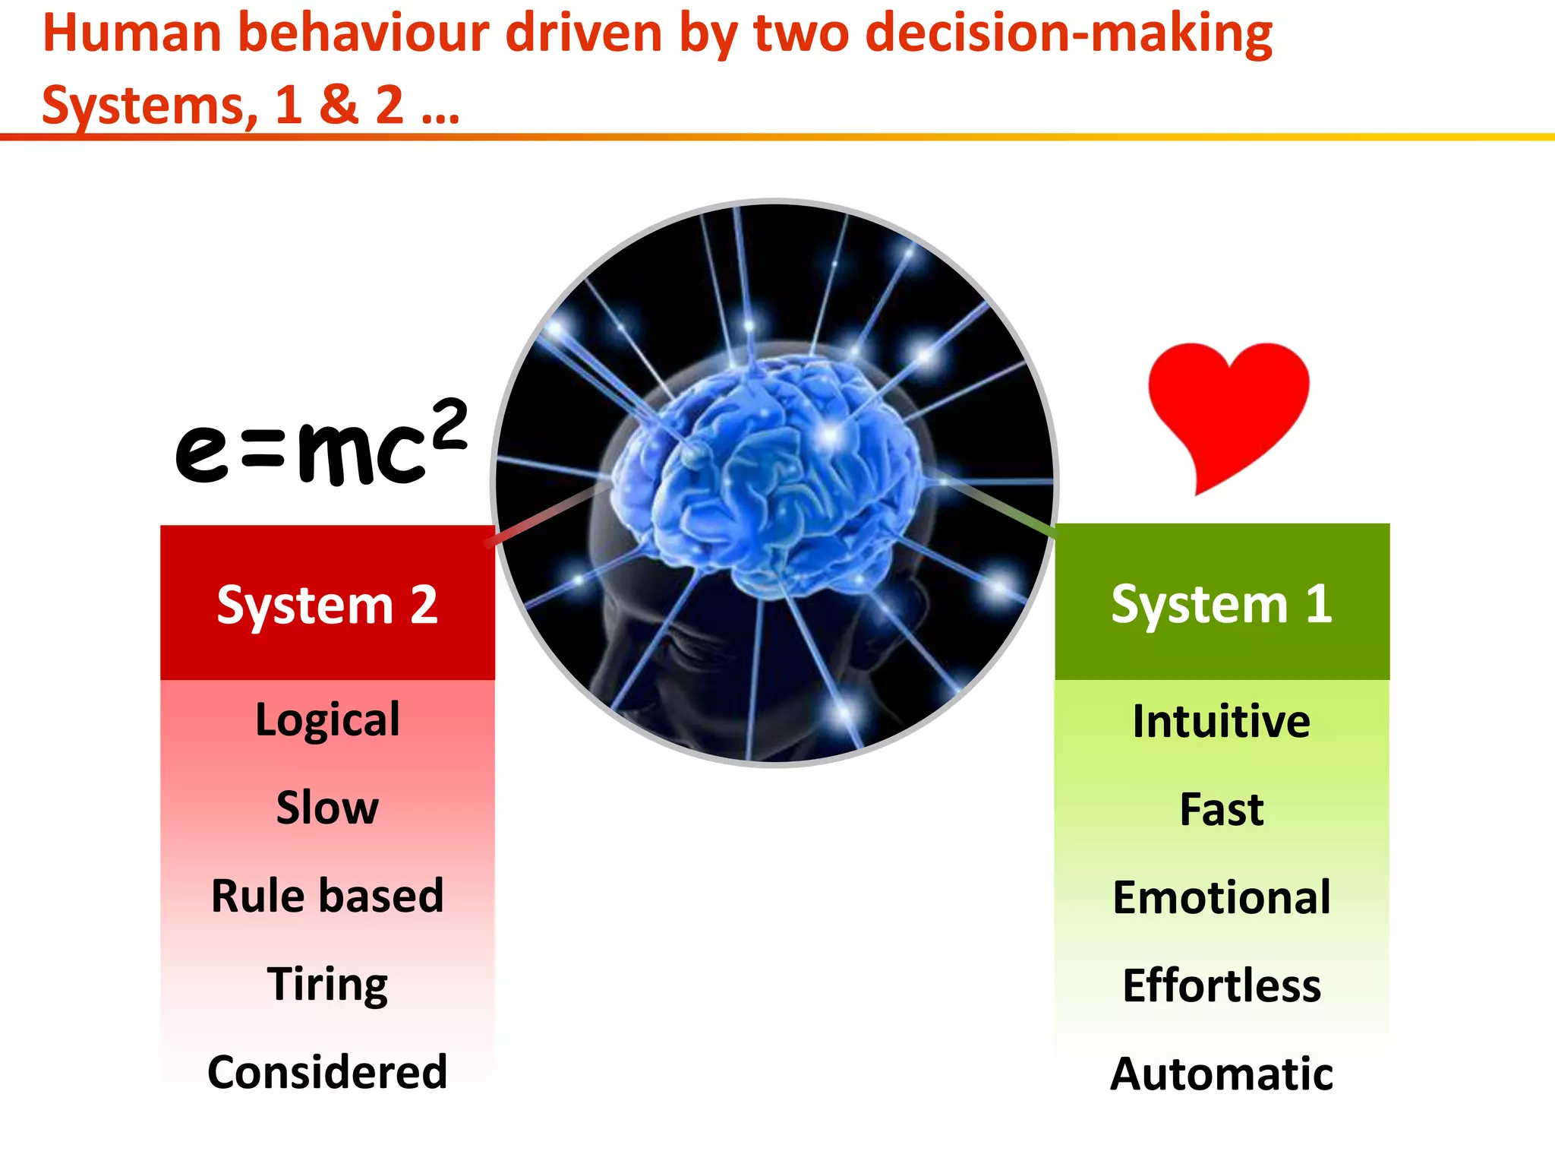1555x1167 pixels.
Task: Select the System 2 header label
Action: pos(327,606)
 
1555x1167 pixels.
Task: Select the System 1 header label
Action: pos(1222,604)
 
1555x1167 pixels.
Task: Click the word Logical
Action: pos(327,719)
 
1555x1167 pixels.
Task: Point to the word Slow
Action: pos(327,807)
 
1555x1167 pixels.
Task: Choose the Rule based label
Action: pos(327,895)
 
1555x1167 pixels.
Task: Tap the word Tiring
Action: pos(327,984)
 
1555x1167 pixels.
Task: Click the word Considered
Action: pos(327,1072)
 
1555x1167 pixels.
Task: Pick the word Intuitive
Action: pos(1221,721)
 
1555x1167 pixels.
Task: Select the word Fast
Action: pos(1221,809)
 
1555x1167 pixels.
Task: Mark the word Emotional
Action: pos(1221,897)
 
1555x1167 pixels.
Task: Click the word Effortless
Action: pos(1221,985)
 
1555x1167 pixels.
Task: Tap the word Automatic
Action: pos(1221,1074)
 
